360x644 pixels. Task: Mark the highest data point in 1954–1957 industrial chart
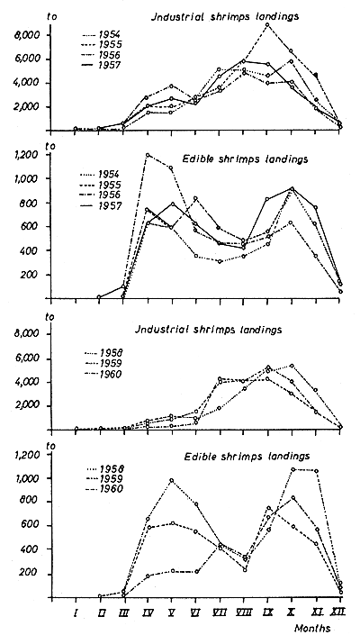tap(268, 24)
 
